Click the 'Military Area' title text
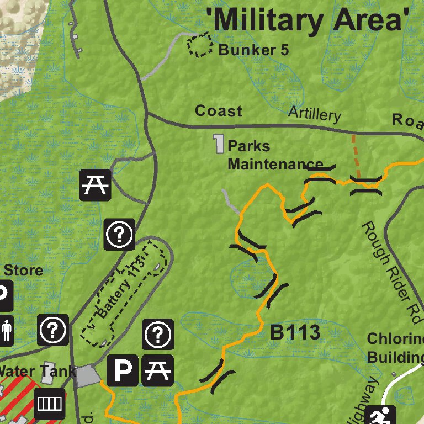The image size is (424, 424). pyautogui.click(x=310, y=20)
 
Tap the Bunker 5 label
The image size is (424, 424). pyautogui.click(x=253, y=50)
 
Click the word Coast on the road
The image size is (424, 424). pyautogui.click(x=219, y=111)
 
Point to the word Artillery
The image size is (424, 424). pyautogui.click(x=314, y=114)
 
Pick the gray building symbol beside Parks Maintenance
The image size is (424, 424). pyautogui.click(x=219, y=144)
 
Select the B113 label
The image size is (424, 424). pyautogui.click(x=295, y=332)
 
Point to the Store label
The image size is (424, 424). pyautogui.click(x=23, y=271)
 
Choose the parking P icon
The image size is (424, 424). pyautogui.click(x=122, y=369)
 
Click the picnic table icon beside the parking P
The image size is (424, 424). pyautogui.click(x=158, y=369)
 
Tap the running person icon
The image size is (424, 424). pyautogui.click(x=380, y=415)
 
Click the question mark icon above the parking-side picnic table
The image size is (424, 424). pyautogui.click(x=158, y=334)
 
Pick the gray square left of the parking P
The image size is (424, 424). pyautogui.click(x=87, y=376)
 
